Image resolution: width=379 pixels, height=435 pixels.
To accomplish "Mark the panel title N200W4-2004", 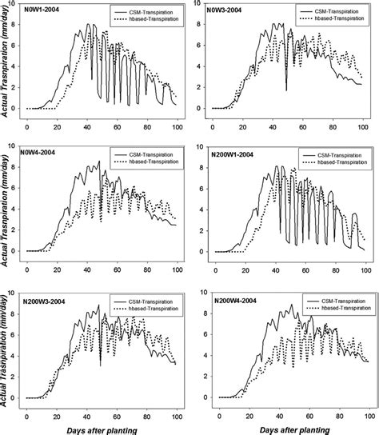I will point(233,300).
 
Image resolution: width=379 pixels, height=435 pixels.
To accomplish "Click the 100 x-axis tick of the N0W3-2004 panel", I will point(364,126).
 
